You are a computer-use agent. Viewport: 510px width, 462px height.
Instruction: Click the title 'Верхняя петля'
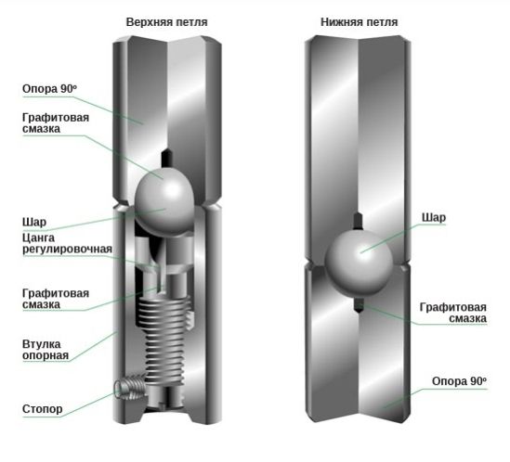(166, 22)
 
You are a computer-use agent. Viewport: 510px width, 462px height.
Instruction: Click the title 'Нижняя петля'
(360, 22)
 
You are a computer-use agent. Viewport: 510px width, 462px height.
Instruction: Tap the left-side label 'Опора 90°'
(50, 89)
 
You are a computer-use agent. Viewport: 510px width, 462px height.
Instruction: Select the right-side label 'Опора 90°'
(459, 381)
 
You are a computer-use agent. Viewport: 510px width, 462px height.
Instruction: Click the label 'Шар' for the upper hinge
(34, 223)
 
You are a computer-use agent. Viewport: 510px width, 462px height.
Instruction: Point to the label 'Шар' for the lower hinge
(434, 217)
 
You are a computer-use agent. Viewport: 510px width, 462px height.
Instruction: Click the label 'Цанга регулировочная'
(67, 243)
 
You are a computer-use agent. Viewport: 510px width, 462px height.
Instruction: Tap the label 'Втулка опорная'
(46, 350)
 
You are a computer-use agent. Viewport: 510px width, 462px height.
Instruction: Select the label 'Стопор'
(43, 409)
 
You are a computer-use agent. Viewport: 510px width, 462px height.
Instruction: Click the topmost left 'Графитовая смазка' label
(56, 123)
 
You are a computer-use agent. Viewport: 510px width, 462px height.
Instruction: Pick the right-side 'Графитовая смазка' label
(453, 313)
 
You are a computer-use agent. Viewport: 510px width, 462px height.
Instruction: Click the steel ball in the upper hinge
(164, 201)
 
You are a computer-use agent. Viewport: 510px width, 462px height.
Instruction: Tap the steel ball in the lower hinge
(358, 263)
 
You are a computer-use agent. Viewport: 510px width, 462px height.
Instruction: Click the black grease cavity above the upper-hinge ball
(167, 159)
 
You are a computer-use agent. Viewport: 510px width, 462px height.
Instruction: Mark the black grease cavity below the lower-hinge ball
(358, 304)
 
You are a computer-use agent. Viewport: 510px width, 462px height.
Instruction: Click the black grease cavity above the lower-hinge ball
(358, 221)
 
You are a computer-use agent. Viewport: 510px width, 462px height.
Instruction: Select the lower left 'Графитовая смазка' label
(56, 299)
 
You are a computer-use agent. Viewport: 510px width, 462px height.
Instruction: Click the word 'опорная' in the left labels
(46, 355)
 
